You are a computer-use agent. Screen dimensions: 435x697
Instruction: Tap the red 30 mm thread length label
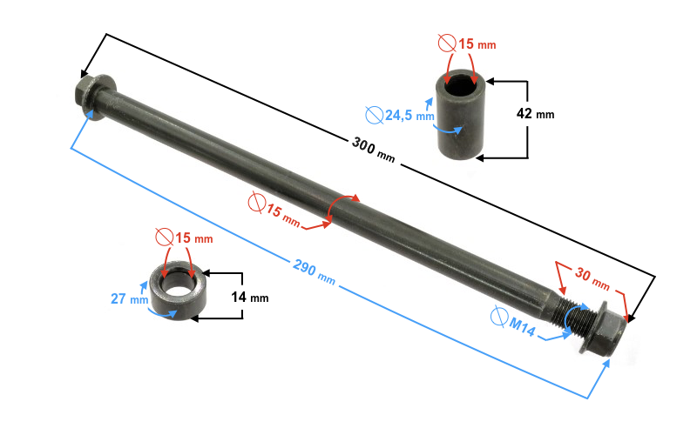tap(592, 277)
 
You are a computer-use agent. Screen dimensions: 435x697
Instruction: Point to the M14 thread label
tap(522, 325)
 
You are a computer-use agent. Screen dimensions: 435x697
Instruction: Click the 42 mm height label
tap(533, 113)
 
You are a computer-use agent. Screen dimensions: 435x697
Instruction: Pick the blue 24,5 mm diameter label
tap(409, 114)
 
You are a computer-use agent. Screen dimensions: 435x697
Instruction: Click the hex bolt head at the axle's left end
tap(88, 93)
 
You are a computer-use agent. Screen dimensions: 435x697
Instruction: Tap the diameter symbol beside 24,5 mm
tap(373, 113)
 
